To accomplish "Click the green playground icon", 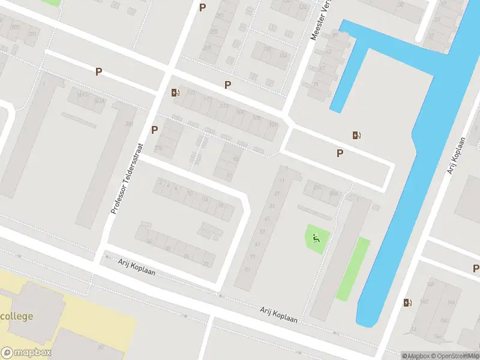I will click(x=316, y=238).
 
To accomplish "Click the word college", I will click(x=17, y=316).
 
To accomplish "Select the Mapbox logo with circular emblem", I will click(x=26, y=353).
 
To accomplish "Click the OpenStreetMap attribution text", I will click(x=456, y=356).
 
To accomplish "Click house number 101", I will click(x=274, y=125).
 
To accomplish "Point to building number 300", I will click(x=128, y=124).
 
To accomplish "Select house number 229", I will click(x=159, y=148).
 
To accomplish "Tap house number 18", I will click(x=221, y=206).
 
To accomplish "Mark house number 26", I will click(x=186, y=256).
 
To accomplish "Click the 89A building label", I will click(x=334, y=194).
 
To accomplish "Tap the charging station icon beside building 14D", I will click(x=408, y=302).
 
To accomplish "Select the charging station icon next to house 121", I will click(x=175, y=92).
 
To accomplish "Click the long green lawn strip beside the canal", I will click(x=352, y=268).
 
